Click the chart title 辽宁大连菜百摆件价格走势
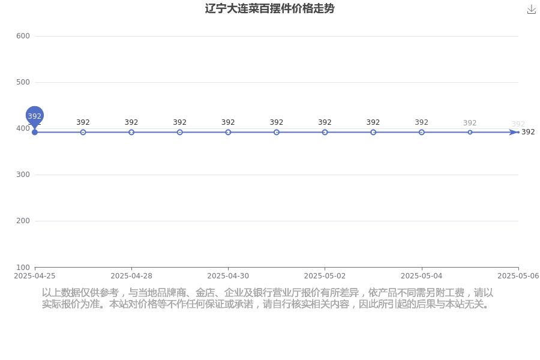click(x=269, y=8)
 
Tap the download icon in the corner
click(x=532, y=10)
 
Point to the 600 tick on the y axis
click(x=23, y=36)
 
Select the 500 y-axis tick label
click(x=23, y=82)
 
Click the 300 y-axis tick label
click(x=23, y=175)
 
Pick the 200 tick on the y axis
click(x=23, y=221)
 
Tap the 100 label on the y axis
click(x=23, y=268)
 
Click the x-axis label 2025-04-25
click(x=34, y=276)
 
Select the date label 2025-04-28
click(x=131, y=276)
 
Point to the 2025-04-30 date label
click(x=228, y=276)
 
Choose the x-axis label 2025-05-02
click(x=325, y=276)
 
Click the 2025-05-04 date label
click(x=422, y=276)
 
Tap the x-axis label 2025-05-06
click(x=518, y=276)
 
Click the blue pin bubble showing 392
click(x=34, y=116)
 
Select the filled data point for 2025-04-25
click(x=34, y=132)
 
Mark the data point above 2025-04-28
click(x=131, y=132)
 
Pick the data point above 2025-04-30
click(x=228, y=132)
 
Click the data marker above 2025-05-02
click(x=325, y=132)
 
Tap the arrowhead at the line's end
click(x=514, y=132)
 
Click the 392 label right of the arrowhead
click(x=528, y=132)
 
